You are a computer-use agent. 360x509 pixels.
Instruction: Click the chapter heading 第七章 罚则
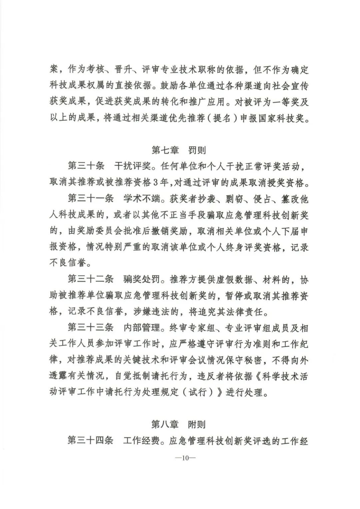[179, 150]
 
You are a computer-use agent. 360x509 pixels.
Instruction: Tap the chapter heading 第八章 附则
[179, 424]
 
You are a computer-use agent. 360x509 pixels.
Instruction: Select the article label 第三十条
[86, 166]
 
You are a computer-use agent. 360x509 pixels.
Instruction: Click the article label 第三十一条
[90, 199]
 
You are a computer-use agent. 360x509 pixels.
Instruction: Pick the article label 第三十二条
[90, 279]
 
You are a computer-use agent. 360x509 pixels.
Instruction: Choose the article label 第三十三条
[90, 328]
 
